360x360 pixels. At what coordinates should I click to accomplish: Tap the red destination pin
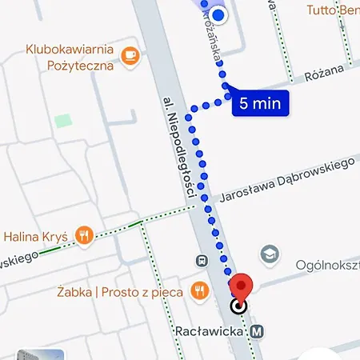[x=242, y=285]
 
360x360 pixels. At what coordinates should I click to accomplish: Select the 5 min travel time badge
[x=259, y=103]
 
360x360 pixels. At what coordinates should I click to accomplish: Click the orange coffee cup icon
[x=130, y=55]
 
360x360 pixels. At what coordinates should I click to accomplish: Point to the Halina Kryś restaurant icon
[x=84, y=235]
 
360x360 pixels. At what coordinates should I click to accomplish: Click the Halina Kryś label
[x=35, y=236]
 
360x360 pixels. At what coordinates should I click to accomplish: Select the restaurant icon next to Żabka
[x=200, y=290]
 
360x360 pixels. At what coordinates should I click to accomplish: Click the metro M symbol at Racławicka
[x=258, y=330]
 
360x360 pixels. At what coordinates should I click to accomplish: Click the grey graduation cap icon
[x=270, y=254]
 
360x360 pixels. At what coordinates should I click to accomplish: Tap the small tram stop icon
[x=202, y=260]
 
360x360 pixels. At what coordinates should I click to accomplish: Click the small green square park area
[x=62, y=122]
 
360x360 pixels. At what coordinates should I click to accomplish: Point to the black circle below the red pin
[x=238, y=306]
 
